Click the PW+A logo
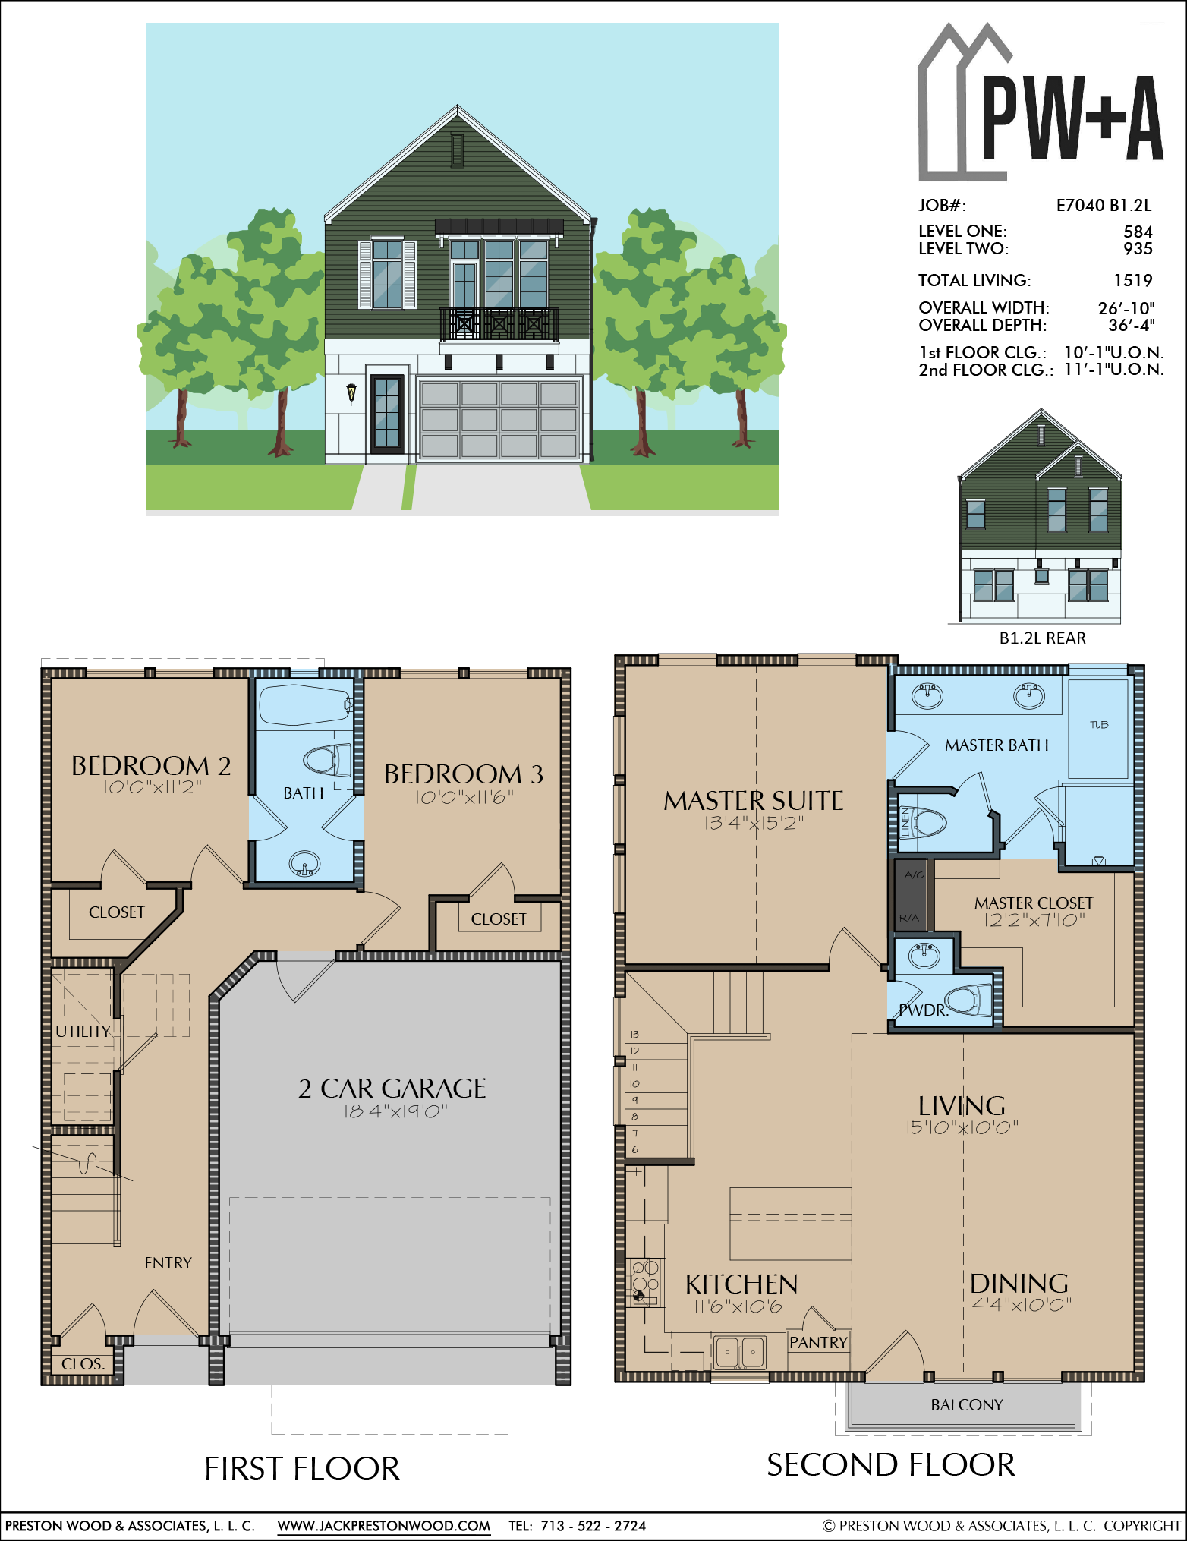point(1040,102)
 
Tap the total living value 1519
point(1133,281)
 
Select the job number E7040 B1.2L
point(1104,205)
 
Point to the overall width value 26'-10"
point(1126,308)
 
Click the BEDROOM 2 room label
point(151,766)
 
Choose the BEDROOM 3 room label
point(463,774)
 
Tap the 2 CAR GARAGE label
point(392,1089)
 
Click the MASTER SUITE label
point(754,801)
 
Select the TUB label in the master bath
point(1099,725)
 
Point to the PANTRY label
point(818,1342)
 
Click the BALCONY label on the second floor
point(967,1405)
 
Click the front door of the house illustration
point(387,414)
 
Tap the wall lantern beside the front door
point(351,392)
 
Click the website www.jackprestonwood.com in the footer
point(383,1526)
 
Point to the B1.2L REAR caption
point(1042,638)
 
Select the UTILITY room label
point(83,1032)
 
